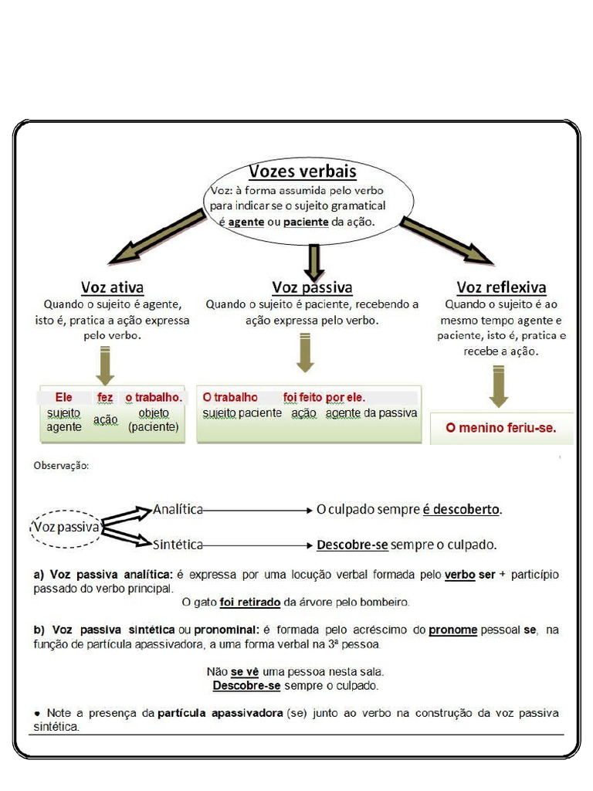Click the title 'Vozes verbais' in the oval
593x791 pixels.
click(x=302, y=171)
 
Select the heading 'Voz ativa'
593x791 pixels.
click(x=113, y=288)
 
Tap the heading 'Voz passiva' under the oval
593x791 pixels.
click(x=312, y=288)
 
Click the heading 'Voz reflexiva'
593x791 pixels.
click(x=500, y=288)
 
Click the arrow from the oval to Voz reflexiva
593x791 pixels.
click(x=446, y=240)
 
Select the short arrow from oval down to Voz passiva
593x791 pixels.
click(x=313, y=262)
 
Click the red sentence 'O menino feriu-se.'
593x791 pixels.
click(x=500, y=427)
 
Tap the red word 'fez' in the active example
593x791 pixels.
click(x=105, y=397)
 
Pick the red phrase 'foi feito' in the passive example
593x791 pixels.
click(x=303, y=397)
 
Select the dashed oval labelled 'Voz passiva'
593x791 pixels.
click(x=66, y=528)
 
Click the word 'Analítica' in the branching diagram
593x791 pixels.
click(x=178, y=509)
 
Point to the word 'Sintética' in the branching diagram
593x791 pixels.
click(x=178, y=545)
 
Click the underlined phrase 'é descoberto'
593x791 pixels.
click(x=461, y=510)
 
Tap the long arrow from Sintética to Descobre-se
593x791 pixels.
click(x=259, y=545)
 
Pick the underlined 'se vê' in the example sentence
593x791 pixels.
click(x=244, y=672)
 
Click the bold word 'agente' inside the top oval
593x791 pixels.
click(x=246, y=222)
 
